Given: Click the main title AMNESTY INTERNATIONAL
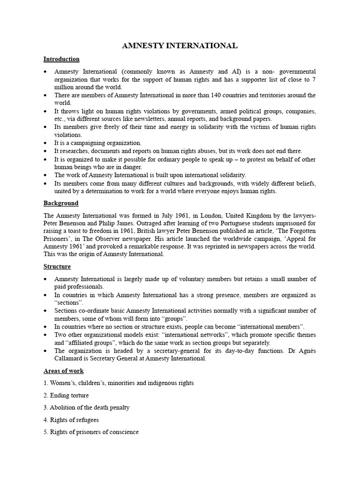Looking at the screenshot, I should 180,45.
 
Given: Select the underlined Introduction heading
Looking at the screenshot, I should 61,59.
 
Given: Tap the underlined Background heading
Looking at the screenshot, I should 61,203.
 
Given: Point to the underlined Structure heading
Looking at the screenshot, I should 57,266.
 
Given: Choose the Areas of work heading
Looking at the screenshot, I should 64,371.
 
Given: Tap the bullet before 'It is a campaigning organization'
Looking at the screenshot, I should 45,143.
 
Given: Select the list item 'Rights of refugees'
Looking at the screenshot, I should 71,420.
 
